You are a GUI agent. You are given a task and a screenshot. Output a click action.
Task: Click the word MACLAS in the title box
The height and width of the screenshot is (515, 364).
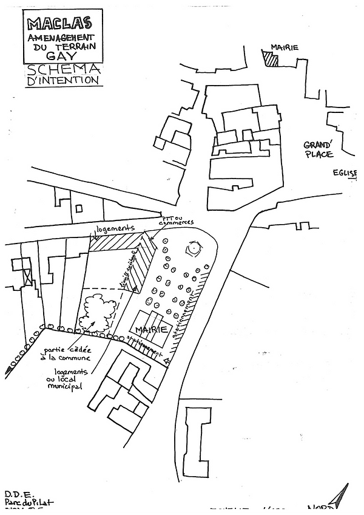(59, 24)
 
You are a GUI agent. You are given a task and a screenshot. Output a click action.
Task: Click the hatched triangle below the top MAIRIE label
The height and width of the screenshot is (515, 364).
(271, 59)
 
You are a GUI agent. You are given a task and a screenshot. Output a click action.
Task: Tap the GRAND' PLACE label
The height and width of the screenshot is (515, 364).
(318, 149)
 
